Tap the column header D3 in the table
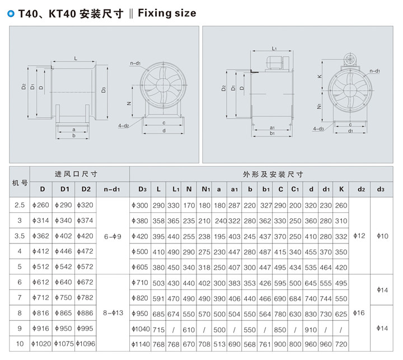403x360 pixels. (142, 189)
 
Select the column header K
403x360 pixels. (341, 189)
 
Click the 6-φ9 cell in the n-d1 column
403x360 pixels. (113, 236)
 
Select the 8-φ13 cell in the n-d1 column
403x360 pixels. (113, 312)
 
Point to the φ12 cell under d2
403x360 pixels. (361, 236)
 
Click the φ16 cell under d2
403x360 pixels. (361, 312)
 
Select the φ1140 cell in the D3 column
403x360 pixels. (142, 343)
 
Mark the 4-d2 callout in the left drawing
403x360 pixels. (124, 126)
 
